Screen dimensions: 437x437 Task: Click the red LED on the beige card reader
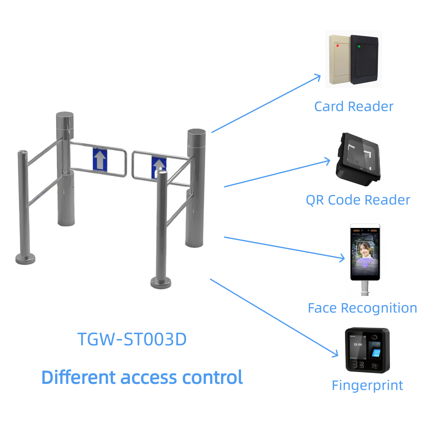[337, 46]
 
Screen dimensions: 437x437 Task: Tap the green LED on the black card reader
[359, 46]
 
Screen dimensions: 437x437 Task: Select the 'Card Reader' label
[354, 107]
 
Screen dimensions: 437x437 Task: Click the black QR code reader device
[358, 159]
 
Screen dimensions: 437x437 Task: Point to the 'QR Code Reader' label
[358, 200]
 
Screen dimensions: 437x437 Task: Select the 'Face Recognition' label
[362, 308]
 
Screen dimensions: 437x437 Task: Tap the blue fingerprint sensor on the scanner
[376, 353]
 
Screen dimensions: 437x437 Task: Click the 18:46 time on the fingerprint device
[357, 344]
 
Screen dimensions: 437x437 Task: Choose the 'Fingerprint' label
[367, 385]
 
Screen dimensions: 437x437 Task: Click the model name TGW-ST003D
[132, 339]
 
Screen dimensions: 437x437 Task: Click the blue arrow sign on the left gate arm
[100, 159]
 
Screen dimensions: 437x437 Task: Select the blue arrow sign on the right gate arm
[158, 167]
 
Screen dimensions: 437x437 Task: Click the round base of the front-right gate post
[161, 283]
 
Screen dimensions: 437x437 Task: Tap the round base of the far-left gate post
[25, 259]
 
